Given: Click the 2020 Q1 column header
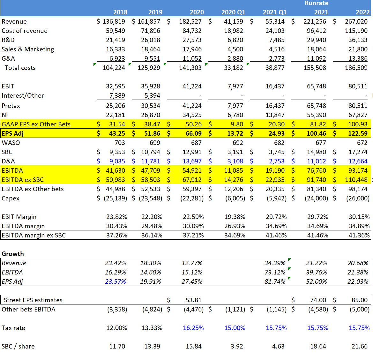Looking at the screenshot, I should click(x=233, y=12).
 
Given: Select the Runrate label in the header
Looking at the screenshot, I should click(x=316, y=3).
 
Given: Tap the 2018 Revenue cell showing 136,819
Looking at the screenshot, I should click(x=114, y=21).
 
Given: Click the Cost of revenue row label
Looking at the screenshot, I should click(x=25, y=31).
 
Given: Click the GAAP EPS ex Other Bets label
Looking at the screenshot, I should click(x=36, y=124).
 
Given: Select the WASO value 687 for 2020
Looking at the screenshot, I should click(x=196, y=143).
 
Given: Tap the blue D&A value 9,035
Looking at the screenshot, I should click(x=117, y=161).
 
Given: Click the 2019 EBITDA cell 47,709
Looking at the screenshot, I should click(x=151, y=170).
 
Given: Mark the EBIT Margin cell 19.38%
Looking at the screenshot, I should click(x=235, y=217).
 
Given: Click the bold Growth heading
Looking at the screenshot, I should click(x=13, y=254).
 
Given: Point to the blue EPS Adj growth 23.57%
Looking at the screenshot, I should click(x=116, y=281).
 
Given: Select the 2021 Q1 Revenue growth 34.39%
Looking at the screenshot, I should click(x=275, y=263).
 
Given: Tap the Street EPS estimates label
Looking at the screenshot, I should click(x=33, y=300).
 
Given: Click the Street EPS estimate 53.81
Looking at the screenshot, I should click(x=193, y=300).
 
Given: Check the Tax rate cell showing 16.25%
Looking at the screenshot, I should click(x=193, y=328).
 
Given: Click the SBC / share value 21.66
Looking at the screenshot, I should click(x=359, y=346).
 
